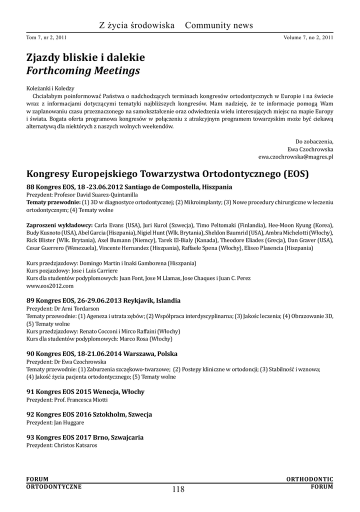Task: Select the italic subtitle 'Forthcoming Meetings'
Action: tap(83, 71)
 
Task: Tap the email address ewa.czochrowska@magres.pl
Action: tap(296, 156)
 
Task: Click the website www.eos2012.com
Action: tap(50, 285)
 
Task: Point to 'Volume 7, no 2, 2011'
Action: tap(308, 37)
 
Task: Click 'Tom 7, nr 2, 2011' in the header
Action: tap(46, 37)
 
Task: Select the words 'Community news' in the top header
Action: tap(218, 25)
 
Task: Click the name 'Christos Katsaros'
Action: tap(75, 444)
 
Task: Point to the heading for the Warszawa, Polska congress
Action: tap(100, 353)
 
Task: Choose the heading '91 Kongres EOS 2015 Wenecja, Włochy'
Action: tap(85, 391)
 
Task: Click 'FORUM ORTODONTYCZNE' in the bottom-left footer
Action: tap(53, 482)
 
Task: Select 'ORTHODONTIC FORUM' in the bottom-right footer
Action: tap(309, 482)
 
